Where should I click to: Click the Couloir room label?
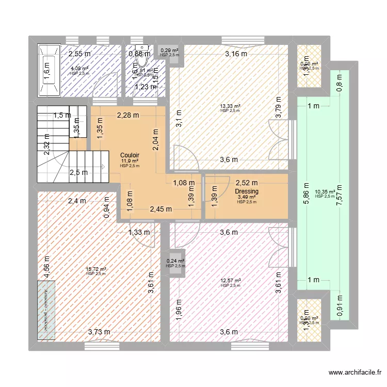tap(130, 155)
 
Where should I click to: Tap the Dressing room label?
tap(246, 191)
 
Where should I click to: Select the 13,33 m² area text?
tap(230, 106)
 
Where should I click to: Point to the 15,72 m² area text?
tap(96, 269)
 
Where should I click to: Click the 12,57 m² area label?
tap(230, 281)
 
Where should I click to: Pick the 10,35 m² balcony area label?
tap(325, 192)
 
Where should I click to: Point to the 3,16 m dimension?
tap(236, 53)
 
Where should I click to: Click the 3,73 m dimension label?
tap(98, 332)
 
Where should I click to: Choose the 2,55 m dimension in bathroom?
tap(80, 53)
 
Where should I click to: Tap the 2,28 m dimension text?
tap(127, 115)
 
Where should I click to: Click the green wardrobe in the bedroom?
tap(47, 310)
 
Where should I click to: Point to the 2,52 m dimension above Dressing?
tap(246, 182)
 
